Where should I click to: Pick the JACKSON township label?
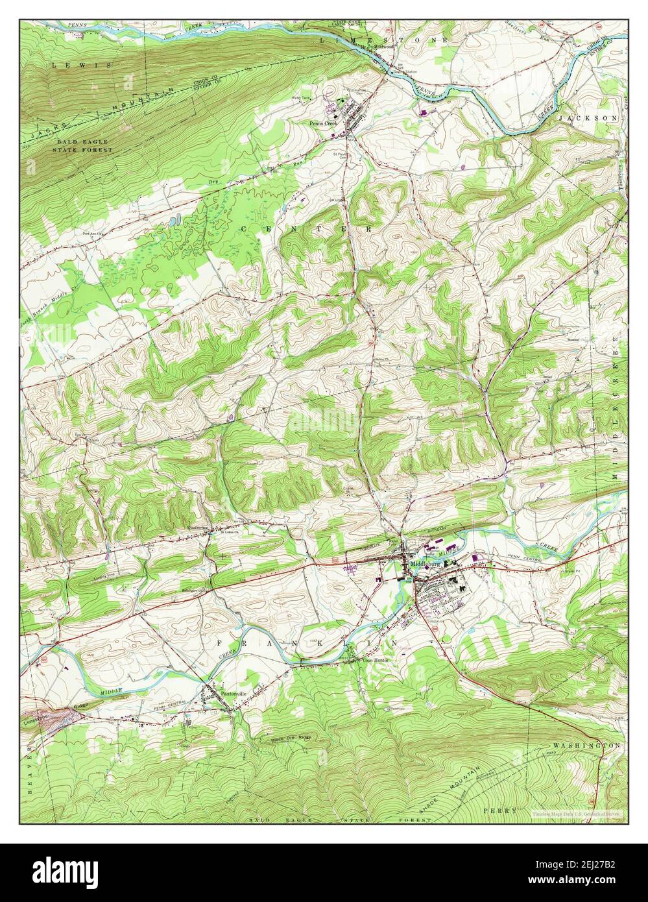588,119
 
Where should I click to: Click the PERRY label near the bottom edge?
500,811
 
